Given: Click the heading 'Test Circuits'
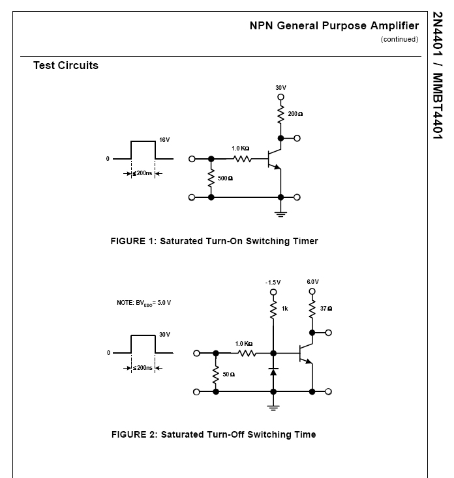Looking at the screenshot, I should pos(66,65).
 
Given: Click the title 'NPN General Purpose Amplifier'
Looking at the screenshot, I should pos(333,26).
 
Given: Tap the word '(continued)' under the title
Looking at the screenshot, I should pos(399,39).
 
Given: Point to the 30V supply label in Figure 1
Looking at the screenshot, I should pos(280,87).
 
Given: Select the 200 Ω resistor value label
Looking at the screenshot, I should pos(295,113).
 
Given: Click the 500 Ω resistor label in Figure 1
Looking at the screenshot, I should pos(225,178).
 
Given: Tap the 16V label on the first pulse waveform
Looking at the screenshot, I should pos(164,139).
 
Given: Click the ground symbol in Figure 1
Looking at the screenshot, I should pos(280,212).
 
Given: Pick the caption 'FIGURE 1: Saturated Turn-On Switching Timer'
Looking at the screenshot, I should pos(214,241).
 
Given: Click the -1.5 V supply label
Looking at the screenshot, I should pos(273,282).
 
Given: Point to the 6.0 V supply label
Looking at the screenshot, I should pos(312,282).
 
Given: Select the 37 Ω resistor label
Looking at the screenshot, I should pos(325,308).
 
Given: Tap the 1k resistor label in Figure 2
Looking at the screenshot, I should pos(285,308).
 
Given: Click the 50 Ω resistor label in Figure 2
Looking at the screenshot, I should pos(228,374).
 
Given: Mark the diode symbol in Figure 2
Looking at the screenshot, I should pos(273,372).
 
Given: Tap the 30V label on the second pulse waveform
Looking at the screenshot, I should pos(164,334).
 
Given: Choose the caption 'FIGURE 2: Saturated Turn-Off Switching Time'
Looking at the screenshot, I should pos(213,434).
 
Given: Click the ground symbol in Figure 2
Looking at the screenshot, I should pos(273,407).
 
